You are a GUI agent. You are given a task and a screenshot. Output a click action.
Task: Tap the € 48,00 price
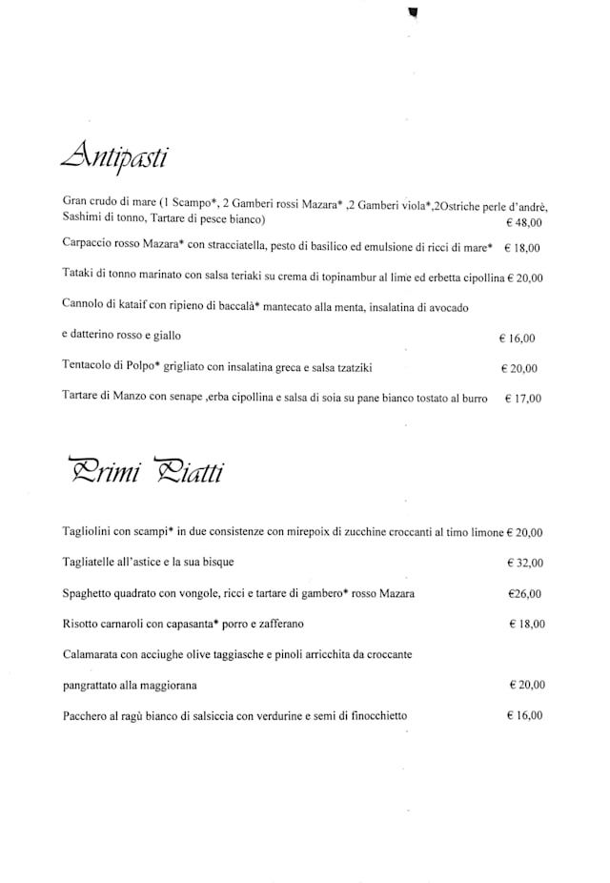click(x=522, y=222)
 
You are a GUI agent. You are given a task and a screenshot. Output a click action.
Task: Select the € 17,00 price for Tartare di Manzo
click(x=521, y=399)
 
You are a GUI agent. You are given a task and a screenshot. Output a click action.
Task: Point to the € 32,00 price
click(x=524, y=563)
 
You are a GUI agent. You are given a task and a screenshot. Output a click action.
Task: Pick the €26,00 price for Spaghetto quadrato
click(x=524, y=593)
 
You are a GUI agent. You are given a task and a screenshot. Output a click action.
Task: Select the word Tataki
click(x=78, y=277)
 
